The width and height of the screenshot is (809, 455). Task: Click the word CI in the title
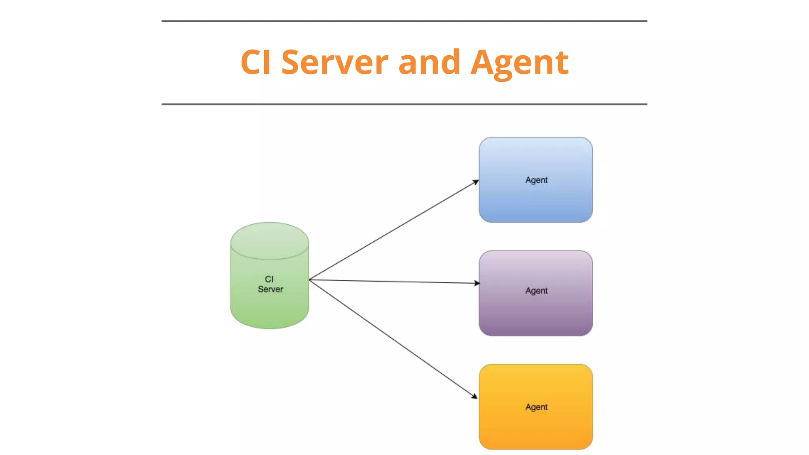pos(256,62)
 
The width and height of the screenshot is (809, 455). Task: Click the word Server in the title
pos(335,62)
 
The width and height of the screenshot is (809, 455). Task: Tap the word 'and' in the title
pos(429,62)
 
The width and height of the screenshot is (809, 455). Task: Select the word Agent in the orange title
pos(519,63)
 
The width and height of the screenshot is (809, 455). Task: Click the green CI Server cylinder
pos(270,308)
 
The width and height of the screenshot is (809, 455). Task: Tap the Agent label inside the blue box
pos(536,180)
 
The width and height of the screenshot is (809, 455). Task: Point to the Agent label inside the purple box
pos(536,291)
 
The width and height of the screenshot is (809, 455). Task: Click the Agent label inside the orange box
pos(536,407)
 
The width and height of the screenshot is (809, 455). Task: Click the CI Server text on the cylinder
pos(270,284)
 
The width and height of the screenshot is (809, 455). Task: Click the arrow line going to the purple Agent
pos(395,281)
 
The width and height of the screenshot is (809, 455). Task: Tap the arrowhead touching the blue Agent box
pos(476,182)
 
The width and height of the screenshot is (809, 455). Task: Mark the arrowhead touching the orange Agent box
pos(475,396)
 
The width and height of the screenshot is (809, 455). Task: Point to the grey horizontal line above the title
pos(404,21)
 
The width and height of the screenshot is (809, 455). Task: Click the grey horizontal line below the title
pos(404,104)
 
